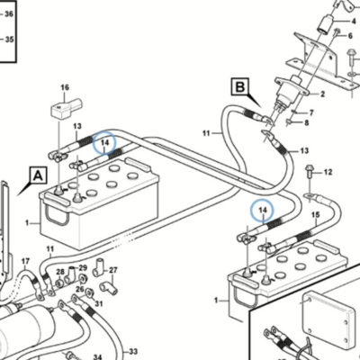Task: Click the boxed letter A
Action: coord(38,175)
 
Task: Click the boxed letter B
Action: coord(240,87)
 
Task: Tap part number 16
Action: coord(65,87)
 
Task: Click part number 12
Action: coord(328,172)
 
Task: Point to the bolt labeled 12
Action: coord(309,171)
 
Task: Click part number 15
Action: coord(316,215)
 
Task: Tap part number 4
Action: coord(354,22)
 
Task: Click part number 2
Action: coord(322,94)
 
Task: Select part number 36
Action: coord(9,13)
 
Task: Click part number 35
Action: coord(9,40)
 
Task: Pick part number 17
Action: coord(26,261)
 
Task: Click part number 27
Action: coord(113,270)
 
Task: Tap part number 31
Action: coord(99,304)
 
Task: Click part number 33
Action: coord(133,351)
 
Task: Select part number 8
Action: coord(306,122)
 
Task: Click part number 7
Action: coord(311,112)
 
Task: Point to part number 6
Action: coord(350,36)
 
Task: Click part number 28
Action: coord(60,272)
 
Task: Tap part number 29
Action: coord(83,267)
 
